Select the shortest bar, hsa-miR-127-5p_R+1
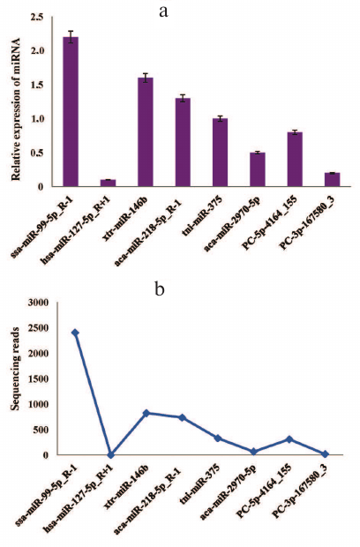108,183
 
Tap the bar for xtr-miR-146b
145,132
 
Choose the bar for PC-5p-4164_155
295,159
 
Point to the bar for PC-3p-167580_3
332,180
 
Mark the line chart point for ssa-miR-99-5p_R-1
75,333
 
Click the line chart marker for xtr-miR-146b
146,413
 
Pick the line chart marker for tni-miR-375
217,438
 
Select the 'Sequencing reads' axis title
14,379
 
